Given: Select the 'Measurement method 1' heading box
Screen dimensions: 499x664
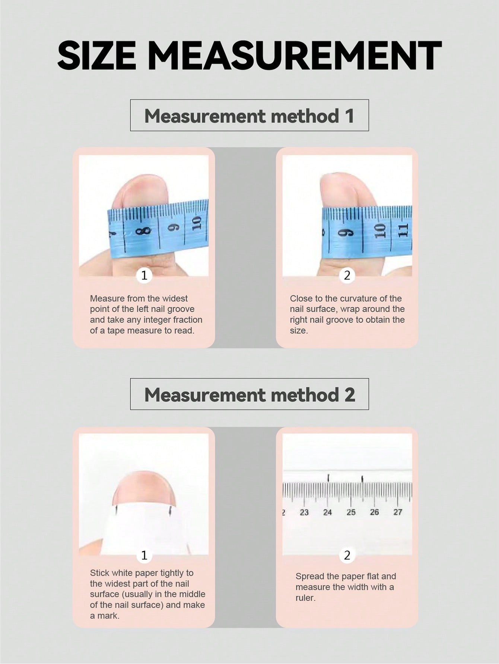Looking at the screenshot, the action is pyautogui.click(x=249, y=115).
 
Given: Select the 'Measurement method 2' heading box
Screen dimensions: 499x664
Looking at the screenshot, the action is pyautogui.click(x=249, y=394).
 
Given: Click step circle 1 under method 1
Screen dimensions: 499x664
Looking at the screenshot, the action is pyautogui.click(x=144, y=276).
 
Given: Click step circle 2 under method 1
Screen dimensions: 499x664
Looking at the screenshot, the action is pyautogui.click(x=347, y=276).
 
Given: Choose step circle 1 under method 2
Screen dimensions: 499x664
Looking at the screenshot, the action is pyautogui.click(x=144, y=555).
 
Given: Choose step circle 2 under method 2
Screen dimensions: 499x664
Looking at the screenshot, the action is pyautogui.click(x=347, y=555).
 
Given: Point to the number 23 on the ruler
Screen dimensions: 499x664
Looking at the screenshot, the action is pyautogui.click(x=304, y=512).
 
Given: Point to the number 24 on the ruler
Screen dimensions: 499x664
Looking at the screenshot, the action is pyautogui.click(x=327, y=512).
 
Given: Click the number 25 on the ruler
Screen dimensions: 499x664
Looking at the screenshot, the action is pyautogui.click(x=351, y=512).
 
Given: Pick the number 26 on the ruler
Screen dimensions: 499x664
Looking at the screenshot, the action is pyautogui.click(x=374, y=512).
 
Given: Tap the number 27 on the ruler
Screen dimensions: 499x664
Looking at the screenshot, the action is pyautogui.click(x=398, y=512).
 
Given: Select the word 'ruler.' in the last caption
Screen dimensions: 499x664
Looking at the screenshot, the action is pyautogui.click(x=305, y=598).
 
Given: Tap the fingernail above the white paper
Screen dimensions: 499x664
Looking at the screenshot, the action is pyautogui.click(x=144, y=489).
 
